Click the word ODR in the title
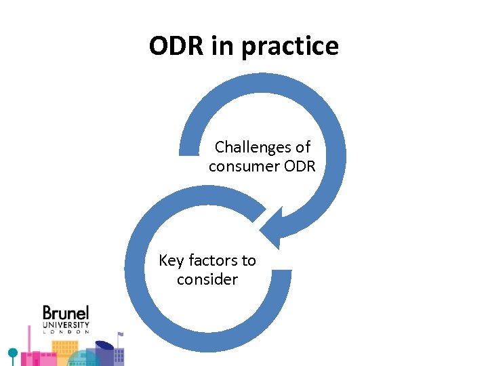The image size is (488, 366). [x=174, y=46]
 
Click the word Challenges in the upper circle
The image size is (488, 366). [x=253, y=147]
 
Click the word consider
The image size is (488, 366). [x=207, y=279]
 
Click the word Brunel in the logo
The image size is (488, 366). [x=66, y=312]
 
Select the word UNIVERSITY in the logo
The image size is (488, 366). [x=66, y=325]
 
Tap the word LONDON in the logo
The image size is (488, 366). [x=66, y=332]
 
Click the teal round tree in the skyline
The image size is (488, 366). [x=12, y=353]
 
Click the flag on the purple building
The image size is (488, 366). [x=120, y=334]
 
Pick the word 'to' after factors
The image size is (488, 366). [x=248, y=260]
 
